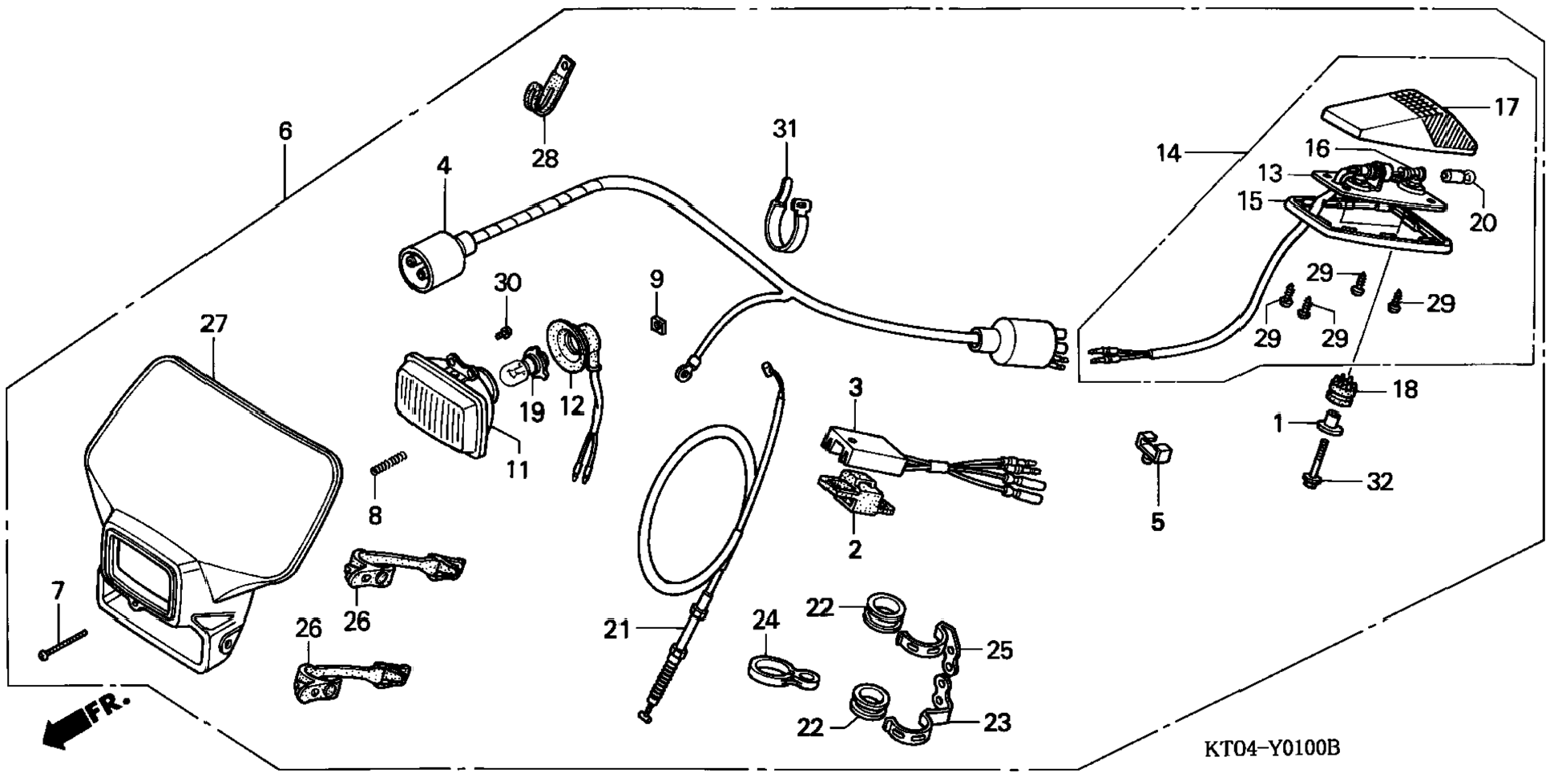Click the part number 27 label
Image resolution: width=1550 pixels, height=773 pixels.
214,324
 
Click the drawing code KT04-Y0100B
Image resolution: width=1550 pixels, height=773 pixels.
1271,748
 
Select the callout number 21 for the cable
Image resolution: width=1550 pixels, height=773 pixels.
617,630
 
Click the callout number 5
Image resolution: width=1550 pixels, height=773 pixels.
1157,522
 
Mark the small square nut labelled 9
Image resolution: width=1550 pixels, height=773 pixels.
657,324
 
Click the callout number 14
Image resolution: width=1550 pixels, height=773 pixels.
1169,152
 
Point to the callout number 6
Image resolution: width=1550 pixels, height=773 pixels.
285,131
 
